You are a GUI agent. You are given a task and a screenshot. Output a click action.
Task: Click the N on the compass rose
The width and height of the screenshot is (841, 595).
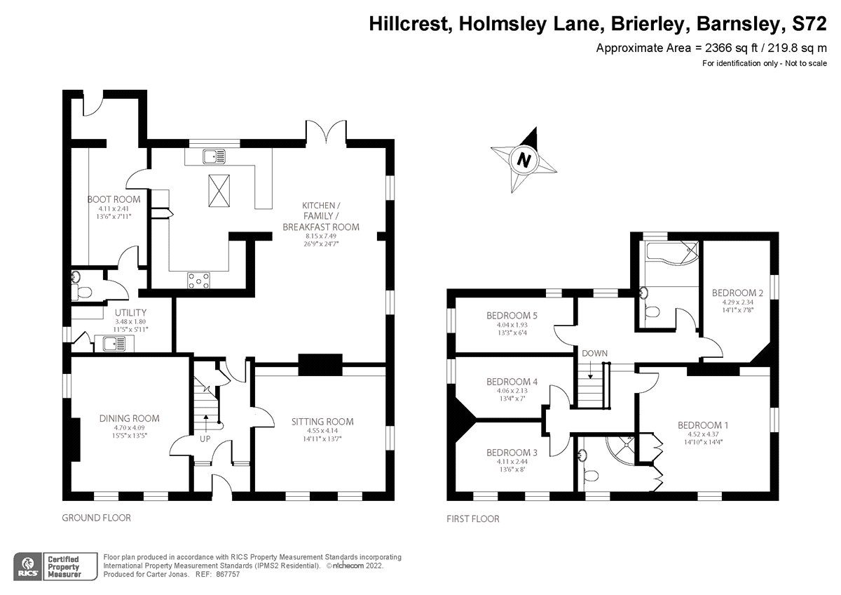click(x=524, y=161)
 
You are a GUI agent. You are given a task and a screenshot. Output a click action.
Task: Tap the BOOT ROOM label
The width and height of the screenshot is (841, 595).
click(x=114, y=199)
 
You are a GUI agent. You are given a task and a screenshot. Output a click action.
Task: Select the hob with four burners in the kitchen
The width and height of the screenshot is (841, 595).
click(x=198, y=281)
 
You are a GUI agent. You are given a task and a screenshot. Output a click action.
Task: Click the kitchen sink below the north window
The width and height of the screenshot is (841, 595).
click(x=214, y=156)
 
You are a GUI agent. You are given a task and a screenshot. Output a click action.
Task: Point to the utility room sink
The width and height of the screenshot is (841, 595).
click(x=114, y=344)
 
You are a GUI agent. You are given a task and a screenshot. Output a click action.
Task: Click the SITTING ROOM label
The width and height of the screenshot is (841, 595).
click(x=322, y=422)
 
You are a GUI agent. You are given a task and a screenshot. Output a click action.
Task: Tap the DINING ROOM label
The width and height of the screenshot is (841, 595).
click(x=129, y=418)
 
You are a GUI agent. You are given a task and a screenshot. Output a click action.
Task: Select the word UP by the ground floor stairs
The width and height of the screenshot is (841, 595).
click(x=205, y=439)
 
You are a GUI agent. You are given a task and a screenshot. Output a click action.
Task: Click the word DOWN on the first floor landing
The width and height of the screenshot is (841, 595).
click(x=595, y=354)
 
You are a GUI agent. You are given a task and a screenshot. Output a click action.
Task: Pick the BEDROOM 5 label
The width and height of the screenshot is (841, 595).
click(x=512, y=315)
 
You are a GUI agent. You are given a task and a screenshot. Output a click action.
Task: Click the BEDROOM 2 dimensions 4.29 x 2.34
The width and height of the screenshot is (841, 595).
click(x=738, y=302)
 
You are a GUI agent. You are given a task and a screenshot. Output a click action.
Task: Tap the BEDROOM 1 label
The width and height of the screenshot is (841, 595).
click(x=703, y=425)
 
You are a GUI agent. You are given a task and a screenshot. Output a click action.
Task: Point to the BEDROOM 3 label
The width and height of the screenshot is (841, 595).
click(x=512, y=453)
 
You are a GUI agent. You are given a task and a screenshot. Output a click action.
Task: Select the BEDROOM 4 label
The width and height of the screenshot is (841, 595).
click(x=512, y=382)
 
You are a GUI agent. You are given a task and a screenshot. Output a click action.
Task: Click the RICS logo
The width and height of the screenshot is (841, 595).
click(x=27, y=567)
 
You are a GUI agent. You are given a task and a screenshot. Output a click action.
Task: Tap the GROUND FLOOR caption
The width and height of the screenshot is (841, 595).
click(x=97, y=518)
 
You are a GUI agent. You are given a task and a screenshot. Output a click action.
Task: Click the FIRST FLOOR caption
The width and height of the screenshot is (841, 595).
click(x=473, y=519)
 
